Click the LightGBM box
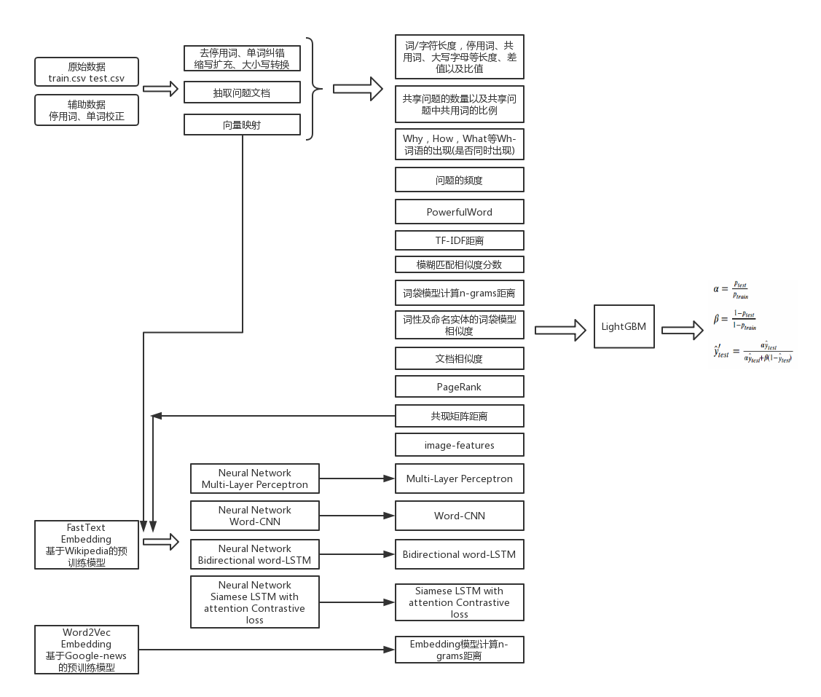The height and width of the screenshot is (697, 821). [623, 326]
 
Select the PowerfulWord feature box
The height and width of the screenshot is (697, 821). [459, 212]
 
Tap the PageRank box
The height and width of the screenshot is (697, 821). [459, 387]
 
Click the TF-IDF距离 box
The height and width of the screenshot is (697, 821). [459, 240]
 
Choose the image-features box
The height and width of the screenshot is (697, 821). [459, 445]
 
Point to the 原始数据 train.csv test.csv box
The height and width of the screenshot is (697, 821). [86, 72]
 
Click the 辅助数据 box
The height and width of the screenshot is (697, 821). [86, 110]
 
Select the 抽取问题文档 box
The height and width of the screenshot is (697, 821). [242, 92]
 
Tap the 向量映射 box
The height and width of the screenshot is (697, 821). [242, 125]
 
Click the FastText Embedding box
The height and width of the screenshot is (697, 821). [86, 545]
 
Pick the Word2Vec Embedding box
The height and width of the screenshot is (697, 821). [86, 650]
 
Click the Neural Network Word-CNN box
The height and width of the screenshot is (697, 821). [254, 516]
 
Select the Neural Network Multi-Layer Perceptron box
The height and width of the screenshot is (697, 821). [254, 479]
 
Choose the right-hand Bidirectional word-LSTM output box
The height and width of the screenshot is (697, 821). [459, 554]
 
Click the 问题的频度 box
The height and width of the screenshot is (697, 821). [459, 180]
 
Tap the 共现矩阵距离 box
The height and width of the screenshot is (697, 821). [459, 417]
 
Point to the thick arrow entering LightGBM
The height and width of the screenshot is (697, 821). [560, 330]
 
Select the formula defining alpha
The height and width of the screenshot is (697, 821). [732, 290]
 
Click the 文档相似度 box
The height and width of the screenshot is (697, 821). [459, 358]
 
